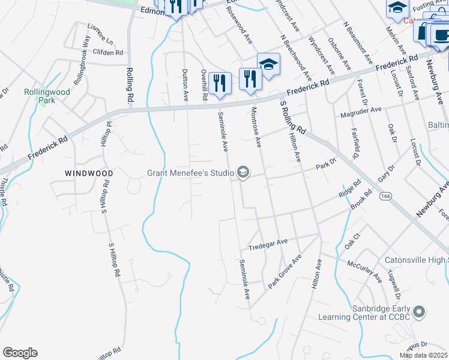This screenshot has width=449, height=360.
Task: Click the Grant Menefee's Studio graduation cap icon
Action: [x=243, y=173]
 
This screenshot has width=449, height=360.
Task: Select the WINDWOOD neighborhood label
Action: [x=89, y=173]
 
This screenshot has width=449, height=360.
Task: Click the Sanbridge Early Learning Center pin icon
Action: [x=420, y=312]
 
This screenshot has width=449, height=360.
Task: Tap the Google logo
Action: [x=20, y=353]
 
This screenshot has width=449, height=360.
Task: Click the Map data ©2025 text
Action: [x=423, y=355]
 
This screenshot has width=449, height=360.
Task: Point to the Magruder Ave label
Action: [x=361, y=110]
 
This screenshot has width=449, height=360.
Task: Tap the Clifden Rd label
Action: [x=108, y=53]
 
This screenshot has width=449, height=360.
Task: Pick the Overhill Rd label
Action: [x=204, y=84]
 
